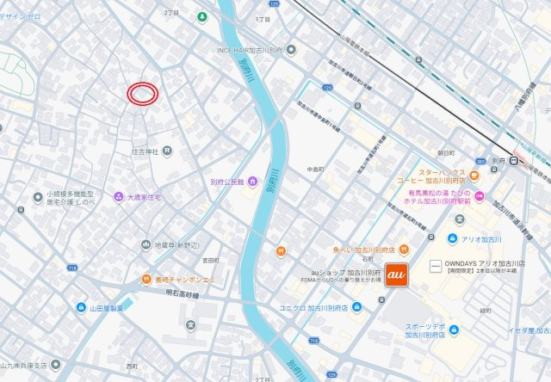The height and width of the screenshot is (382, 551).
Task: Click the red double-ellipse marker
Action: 143,93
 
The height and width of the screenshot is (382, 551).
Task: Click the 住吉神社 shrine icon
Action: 167,151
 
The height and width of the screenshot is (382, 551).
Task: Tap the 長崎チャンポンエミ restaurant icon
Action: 147,280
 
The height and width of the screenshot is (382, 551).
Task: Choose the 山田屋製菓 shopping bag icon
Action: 81,307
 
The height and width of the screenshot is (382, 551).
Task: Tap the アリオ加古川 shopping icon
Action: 452,238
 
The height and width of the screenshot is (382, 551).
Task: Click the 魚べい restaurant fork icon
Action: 280,251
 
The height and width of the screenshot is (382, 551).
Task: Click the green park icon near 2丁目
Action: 201,16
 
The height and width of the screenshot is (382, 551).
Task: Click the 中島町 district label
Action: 316,169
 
